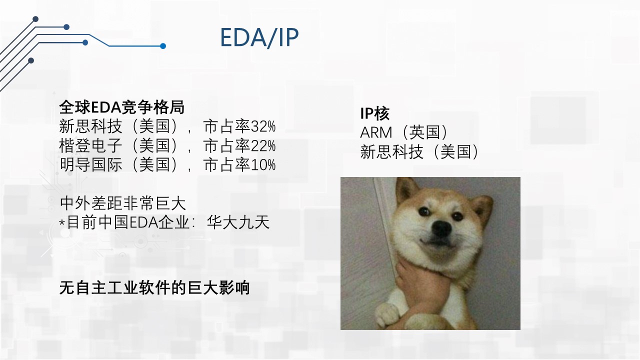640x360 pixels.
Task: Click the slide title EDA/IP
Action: click(x=259, y=37)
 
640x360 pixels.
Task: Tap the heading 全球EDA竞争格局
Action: click(x=121, y=107)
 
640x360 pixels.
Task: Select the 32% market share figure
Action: click(x=263, y=126)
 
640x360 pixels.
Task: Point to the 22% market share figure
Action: click(x=263, y=145)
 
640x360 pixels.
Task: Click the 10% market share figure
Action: click(x=263, y=165)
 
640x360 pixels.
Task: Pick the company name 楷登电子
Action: click(x=90, y=145)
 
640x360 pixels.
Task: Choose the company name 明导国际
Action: click(x=90, y=164)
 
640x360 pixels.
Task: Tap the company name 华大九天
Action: click(x=238, y=222)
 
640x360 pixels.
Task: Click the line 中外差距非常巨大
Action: click(x=123, y=203)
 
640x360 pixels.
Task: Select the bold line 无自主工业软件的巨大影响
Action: click(x=154, y=287)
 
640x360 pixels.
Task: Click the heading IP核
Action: click(x=374, y=113)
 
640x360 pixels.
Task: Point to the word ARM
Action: click(x=376, y=132)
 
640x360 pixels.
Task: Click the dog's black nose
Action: click(x=441, y=228)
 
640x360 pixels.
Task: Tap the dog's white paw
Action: click(x=386, y=315)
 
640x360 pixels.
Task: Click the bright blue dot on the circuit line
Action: click(x=163, y=46)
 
